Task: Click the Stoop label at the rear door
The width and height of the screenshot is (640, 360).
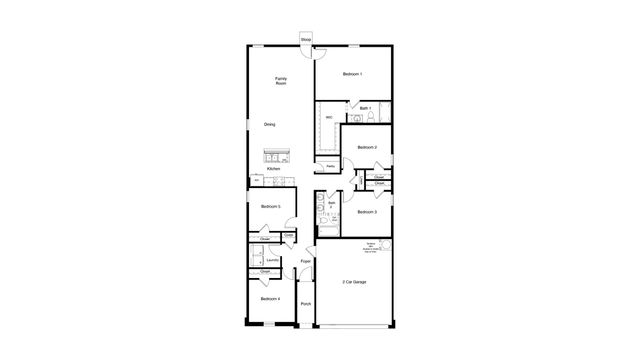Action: point(305,39)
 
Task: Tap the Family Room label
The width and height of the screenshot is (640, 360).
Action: point(282,81)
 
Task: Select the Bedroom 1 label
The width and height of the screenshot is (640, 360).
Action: point(352,74)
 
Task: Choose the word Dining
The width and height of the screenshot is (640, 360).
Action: point(270,124)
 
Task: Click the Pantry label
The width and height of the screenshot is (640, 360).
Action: point(330,166)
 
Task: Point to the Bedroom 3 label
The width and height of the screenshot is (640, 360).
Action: point(367,212)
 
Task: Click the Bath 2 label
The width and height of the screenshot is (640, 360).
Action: point(332,205)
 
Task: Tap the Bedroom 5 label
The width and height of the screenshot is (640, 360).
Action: point(270,206)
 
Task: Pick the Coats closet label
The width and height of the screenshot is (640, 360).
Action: point(288,235)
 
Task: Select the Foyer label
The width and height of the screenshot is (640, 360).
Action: point(305,263)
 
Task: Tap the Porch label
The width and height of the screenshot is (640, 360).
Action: point(305,303)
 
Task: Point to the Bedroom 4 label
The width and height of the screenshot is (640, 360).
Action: point(270,299)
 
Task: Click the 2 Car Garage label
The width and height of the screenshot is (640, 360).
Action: point(353,282)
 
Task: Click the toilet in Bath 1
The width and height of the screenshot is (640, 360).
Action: point(371,118)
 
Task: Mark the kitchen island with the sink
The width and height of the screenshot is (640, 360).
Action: point(275,155)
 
